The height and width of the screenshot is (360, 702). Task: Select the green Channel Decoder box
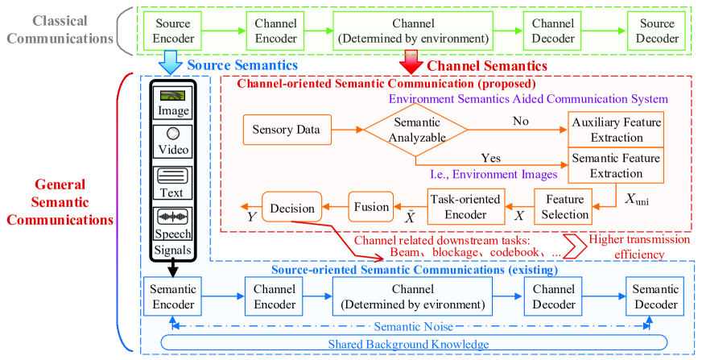[554, 31]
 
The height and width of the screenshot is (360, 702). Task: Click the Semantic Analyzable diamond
[415, 129]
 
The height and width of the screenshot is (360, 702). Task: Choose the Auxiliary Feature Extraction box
[617, 129]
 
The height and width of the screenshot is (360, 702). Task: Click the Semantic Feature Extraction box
[617, 165]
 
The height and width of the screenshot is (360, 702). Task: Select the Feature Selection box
[564, 207]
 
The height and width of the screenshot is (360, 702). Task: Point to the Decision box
[291, 207]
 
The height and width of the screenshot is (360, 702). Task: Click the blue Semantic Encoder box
[174, 297]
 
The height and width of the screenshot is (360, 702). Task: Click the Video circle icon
[173, 134]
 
